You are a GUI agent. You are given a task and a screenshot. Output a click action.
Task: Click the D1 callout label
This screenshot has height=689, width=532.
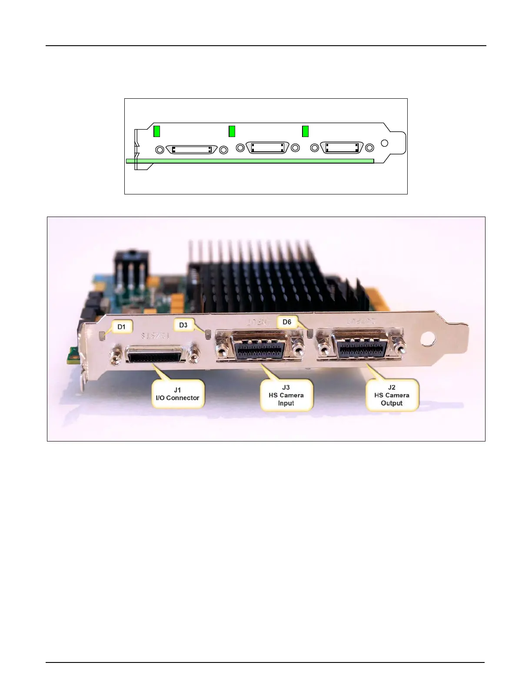pos(121,327)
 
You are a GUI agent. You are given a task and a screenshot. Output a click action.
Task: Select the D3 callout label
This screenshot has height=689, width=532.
pos(183,325)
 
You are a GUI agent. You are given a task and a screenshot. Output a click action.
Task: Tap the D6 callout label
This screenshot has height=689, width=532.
pos(287,322)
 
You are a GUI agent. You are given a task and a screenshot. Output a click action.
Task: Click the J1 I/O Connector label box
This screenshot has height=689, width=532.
pos(177,394)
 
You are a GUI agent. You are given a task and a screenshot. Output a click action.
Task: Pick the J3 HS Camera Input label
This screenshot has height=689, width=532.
pos(286,395)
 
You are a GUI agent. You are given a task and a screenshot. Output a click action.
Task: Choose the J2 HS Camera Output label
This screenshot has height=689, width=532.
pos(392,395)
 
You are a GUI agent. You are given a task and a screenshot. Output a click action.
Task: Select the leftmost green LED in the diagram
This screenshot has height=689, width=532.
pos(157,130)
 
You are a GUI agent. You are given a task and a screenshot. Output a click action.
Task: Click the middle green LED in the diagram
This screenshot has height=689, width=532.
pos(232,130)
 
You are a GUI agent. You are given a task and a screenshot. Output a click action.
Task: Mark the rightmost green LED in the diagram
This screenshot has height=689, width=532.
pos(306,130)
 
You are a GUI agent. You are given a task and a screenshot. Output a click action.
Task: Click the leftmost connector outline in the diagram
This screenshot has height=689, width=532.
pos(192,149)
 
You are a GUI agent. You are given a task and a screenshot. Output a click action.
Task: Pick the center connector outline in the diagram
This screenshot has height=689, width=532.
pos(268,148)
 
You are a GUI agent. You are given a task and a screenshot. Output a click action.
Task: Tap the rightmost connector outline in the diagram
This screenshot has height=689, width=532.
pos(342,148)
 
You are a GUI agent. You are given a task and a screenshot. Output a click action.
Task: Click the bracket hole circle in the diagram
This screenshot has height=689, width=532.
pos(385,143)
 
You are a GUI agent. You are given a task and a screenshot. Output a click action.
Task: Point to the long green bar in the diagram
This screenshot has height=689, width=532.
pos(250,161)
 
